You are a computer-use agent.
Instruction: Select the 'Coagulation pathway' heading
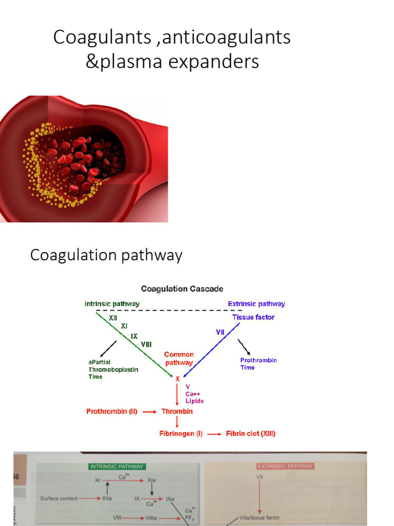(106, 255)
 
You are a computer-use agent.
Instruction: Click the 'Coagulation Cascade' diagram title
(182, 289)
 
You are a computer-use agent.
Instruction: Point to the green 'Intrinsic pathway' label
(112, 304)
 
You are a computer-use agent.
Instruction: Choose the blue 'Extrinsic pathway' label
(256, 304)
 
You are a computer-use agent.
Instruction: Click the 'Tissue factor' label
(253, 317)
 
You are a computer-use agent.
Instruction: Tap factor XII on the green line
(112, 318)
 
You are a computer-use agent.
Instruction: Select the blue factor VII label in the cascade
(220, 333)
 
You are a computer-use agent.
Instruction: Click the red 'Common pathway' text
(179, 359)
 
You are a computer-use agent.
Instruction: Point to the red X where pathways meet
(178, 379)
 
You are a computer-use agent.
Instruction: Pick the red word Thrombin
(178, 411)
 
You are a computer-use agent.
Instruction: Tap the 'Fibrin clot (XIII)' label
(251, 434)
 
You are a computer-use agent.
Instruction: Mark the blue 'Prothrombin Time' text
(259, 364)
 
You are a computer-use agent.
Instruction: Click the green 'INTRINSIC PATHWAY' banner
(117, 466)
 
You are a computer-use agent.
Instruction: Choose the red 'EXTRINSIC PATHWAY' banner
(285, 466)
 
